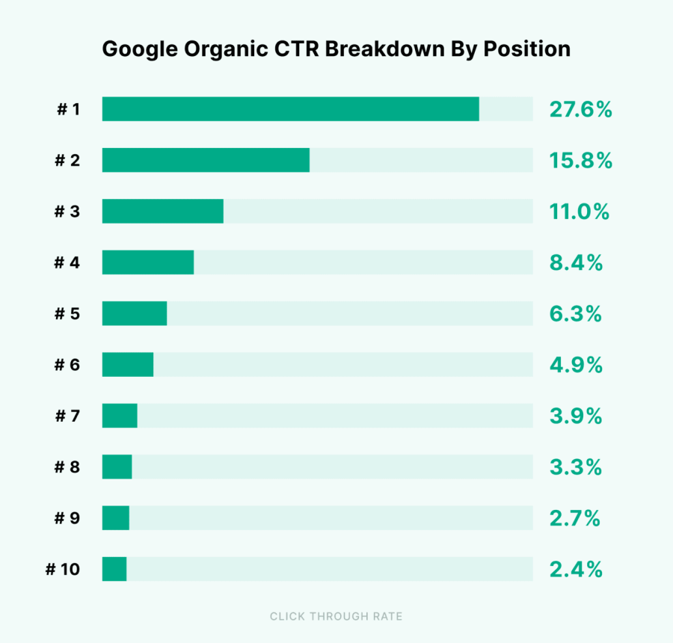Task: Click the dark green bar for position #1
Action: click(x=290, y=109)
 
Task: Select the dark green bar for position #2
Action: click(x=206, y=160)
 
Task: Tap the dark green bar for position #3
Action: click(x=162, y=211)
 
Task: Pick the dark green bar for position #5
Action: click(x=134, y=313)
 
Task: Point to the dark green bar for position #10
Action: click(x=114, y=569)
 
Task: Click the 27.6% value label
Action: click(x=580, y=110)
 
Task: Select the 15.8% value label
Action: click(x=580, y=161)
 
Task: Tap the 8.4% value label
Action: click(x=576, y=263)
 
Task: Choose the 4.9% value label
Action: click(x=576, y=365)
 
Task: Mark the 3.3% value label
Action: click(x=576, y=467)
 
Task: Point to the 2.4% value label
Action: click(x=576, y=570)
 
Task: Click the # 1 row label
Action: click(x=68, y=110)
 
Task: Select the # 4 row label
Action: click(x=67, y=263)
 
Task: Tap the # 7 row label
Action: click(x=67, y=416)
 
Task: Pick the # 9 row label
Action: click(x=67, y=518)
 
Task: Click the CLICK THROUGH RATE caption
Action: click(x=336, y=617)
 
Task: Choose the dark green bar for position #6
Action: click(x=127, y=365)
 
